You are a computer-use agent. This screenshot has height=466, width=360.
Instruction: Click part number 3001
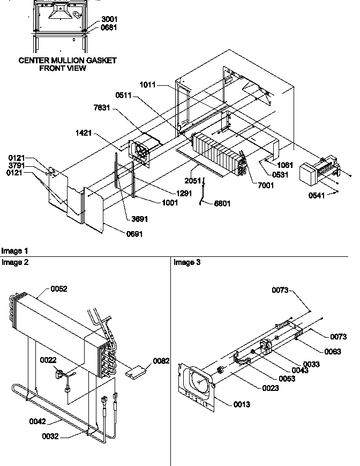click(x=109, y=18)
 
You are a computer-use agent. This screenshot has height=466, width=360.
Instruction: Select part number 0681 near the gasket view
click(x=109, y=27)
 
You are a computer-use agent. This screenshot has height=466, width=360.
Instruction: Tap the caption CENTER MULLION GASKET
click(x=67, y=61)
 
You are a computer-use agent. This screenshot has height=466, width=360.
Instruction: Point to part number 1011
click(x=148, y=84)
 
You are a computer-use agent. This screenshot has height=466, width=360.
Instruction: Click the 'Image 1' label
click(x=15, y=251)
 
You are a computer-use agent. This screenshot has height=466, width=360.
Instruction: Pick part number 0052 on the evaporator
click(x=60, y=289)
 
